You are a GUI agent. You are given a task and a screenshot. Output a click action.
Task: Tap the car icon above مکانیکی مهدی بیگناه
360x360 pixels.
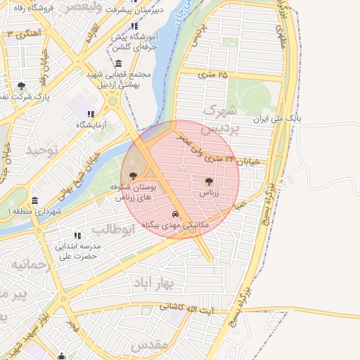tap(175, 214)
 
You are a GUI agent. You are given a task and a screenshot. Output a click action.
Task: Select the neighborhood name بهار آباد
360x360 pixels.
tap(159, 282)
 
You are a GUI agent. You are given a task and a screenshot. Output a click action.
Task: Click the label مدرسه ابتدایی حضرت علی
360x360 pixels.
tap(79, 252)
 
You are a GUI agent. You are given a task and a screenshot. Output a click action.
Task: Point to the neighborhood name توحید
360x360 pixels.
tap(39, 150)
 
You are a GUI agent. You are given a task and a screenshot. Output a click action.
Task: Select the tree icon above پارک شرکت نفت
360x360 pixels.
tap(20, 86)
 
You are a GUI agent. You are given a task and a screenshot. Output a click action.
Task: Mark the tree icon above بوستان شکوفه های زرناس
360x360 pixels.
tap(134, 176)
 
